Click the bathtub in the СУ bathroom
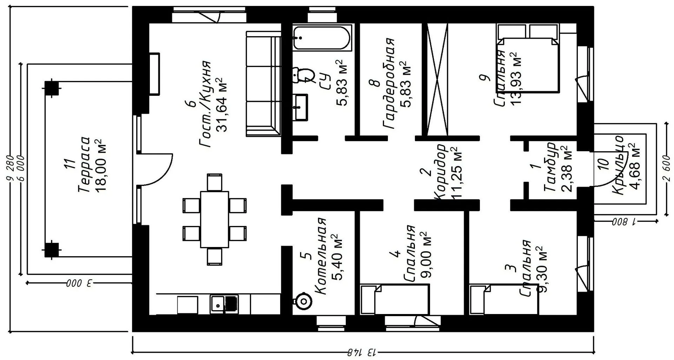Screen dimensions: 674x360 click(322, 37)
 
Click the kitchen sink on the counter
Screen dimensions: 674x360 click(224, 304)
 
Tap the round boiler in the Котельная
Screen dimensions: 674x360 click(302, 301)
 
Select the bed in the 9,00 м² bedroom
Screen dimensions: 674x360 click(395, 299)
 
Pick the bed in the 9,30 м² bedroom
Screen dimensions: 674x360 click(504, 299)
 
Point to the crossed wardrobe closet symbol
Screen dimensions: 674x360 click(437, 80)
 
